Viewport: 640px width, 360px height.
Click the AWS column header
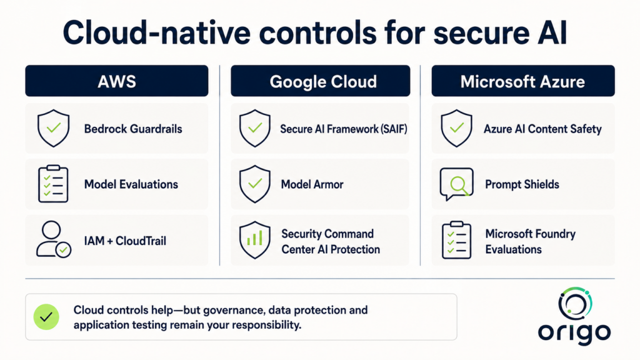coord(117,81)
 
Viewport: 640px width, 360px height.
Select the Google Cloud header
coord(321,81)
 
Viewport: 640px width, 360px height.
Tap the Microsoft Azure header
coord(523,81)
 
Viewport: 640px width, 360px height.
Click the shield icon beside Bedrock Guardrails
coord(54,128)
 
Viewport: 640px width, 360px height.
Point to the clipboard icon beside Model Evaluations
coord(53,184)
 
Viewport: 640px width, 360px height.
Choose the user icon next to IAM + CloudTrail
coord(54,239)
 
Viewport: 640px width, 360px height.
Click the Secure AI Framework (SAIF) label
coord(343,129)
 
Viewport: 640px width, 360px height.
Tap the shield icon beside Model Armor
coord(255,184)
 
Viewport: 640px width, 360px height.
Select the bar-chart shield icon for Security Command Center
coord(255,240)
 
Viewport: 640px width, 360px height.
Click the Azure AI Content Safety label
coord(542,129)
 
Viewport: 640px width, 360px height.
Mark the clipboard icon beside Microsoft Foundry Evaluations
coord(456,241)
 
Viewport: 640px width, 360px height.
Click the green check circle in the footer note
coord(46,317)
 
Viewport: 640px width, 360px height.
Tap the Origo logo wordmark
coord(574,332)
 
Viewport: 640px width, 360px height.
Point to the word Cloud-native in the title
coord(156,32)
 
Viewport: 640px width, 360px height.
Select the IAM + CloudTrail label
coord(125,241)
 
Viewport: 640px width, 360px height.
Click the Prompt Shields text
coord(522,184)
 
